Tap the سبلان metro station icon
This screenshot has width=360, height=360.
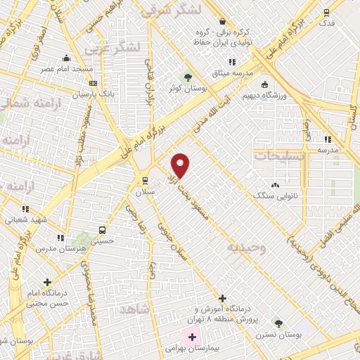(x=145, y=180)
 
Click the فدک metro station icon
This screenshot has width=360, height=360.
(x=326, y=12)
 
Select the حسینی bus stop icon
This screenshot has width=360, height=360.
(x=103, y=229)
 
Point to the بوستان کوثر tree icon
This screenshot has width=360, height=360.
(x=187, y=77)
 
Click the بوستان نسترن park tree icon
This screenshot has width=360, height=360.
(x=279, y=324)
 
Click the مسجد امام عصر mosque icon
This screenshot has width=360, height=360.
(x=66, y=58)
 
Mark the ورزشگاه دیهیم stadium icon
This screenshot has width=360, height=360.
(x=264, y=86)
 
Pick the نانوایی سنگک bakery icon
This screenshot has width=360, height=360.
(x=274, y=185)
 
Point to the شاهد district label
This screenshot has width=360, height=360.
(x=135, y=309)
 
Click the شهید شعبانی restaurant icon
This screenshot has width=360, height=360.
(x=26, y=208)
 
